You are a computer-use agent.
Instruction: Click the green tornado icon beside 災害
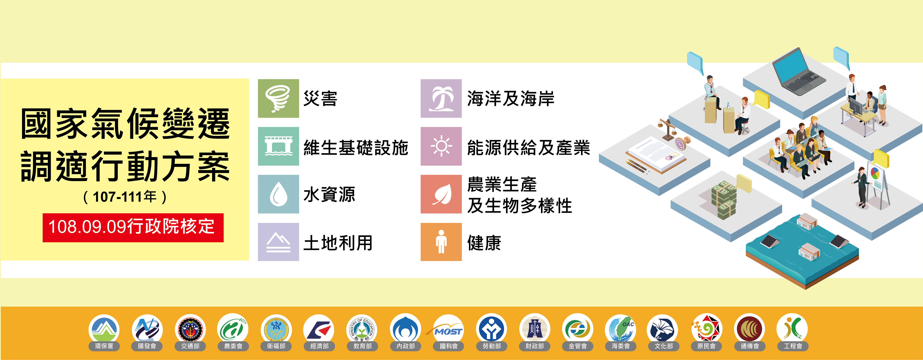278,99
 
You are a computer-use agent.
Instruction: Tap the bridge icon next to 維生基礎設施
278,146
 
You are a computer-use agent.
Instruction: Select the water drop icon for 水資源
278,194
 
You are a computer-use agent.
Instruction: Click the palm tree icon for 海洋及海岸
441,99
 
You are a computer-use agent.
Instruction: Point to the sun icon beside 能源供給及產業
441,146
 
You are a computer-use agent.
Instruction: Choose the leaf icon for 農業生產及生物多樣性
441,194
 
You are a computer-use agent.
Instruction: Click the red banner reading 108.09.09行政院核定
133,228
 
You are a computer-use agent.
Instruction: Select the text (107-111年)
125,197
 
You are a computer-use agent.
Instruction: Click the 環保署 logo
104,329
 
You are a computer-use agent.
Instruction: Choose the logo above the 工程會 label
792,329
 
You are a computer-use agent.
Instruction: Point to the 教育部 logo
362,329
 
